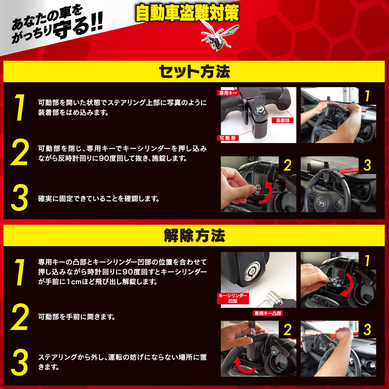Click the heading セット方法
(194, 72)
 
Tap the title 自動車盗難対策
(187, 13)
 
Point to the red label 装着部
(282, 120)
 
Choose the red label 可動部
(228, 138)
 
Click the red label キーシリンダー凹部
(233, 298)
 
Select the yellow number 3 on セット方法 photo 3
(367, 165)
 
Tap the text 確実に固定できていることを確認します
(99, 199)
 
